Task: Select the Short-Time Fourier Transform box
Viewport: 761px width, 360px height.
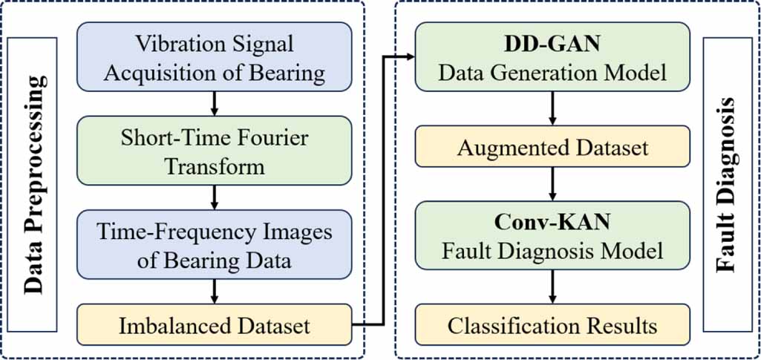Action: point(215,151)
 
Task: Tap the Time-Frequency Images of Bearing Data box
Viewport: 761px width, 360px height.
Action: point(215,246)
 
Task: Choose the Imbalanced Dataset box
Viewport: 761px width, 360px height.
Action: point(215,324)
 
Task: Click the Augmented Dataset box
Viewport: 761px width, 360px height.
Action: point(552,147)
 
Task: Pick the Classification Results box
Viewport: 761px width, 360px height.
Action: point(552,324)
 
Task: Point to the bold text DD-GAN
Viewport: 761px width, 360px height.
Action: point(552,45)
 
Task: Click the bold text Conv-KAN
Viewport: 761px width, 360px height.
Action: point(552,222)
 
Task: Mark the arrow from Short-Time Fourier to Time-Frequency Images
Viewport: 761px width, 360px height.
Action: point(215,197)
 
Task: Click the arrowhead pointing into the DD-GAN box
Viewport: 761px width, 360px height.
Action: point(408,56)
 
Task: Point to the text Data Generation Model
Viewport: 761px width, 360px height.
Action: point(552,73)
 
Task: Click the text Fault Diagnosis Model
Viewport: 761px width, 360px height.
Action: point(552,250)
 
